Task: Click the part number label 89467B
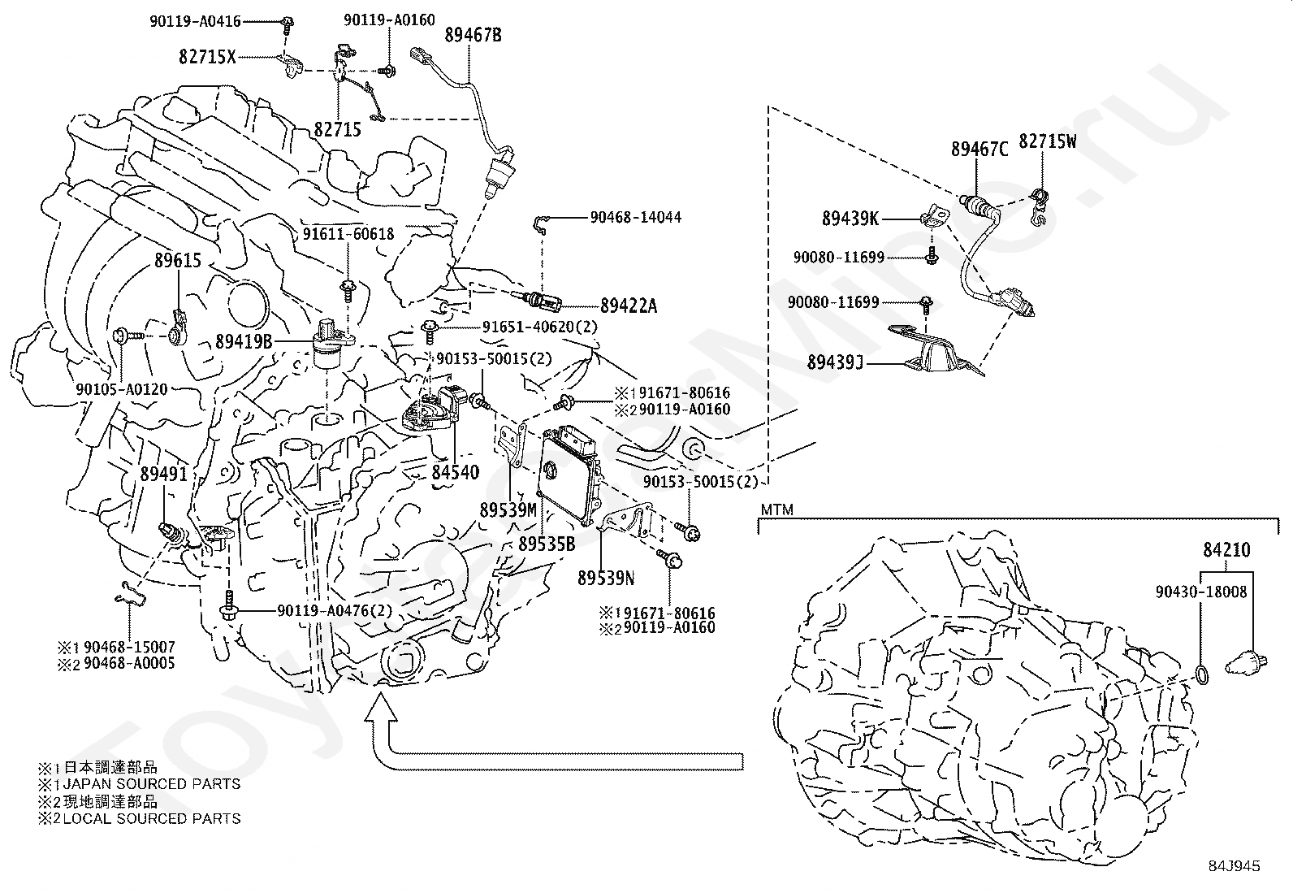coord(473,35)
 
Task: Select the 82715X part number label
coord(207,57)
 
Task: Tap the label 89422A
coord(629,306)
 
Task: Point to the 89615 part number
coord(178,261)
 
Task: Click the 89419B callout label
coord(244,341)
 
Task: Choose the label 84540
coord(456,472)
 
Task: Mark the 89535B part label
coord(547,544)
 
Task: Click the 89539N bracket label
coord(606,578)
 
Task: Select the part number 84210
coord(1227,551)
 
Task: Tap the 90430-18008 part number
coord(1201,592)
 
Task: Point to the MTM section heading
coord(776,510)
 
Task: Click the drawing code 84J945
coord(1233,866)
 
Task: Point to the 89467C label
coord(979,149)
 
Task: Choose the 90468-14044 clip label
coord(635,218)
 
